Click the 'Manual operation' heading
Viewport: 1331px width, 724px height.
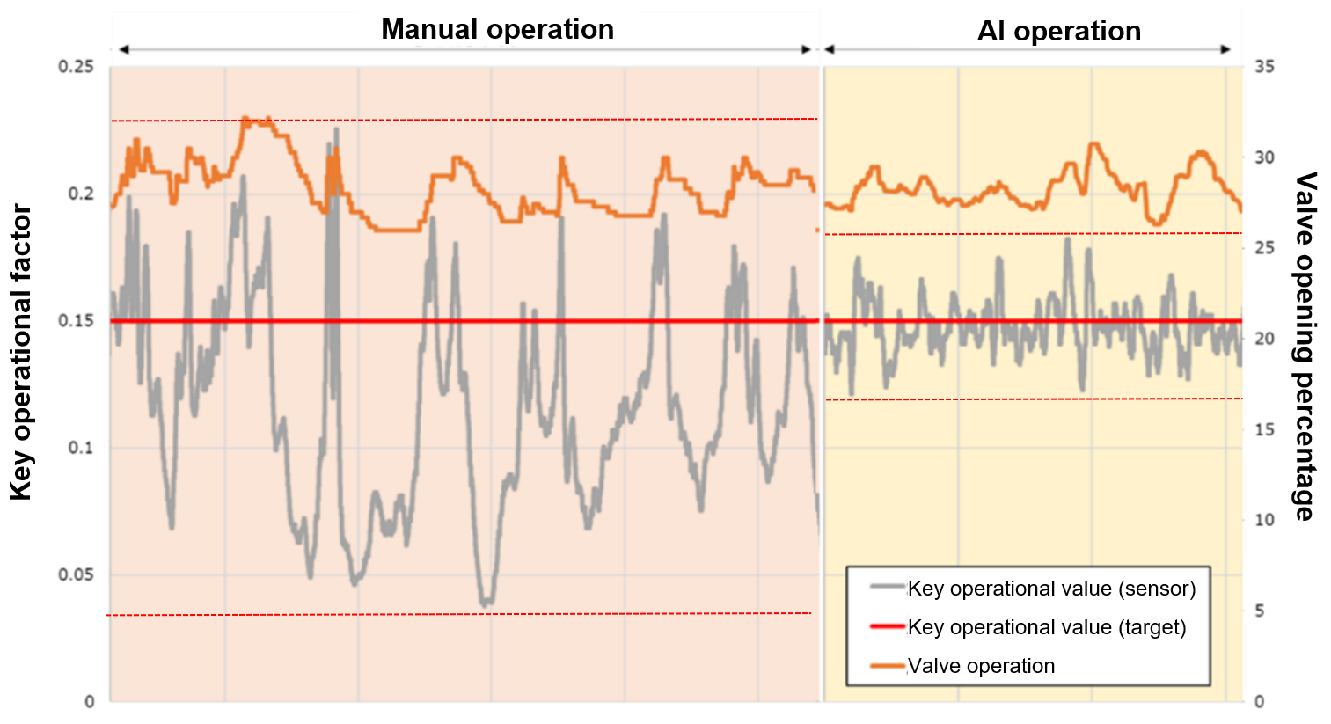[x=497, y=29]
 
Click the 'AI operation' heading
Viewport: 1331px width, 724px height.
[x=1058, y=32]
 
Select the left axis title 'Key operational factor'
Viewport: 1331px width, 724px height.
[x=20, y=352]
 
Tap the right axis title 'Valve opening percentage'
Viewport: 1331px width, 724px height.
[x=1305, y=346]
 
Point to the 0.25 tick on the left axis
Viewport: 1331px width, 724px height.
[x=76, y=67]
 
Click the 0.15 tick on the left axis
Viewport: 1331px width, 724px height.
[x=76, y=321]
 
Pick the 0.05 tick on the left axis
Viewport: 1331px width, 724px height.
[x=76, y=575]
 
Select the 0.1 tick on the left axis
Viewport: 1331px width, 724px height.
[x=81, y=448]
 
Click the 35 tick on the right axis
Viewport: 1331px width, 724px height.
[x=1264, y=67]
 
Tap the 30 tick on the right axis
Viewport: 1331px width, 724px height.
[x=1264, y=157]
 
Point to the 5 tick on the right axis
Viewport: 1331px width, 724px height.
[x=1260, y=611]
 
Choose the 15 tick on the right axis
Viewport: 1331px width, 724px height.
[x=1264, y=429]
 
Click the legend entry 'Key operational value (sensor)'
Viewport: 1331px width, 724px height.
[x=1051, y=589]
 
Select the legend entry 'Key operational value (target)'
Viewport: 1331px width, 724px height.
[x=1047, y=627]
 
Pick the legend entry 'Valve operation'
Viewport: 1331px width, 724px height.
[x=981, y=666]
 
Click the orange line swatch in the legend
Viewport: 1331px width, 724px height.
[x=888, y=666]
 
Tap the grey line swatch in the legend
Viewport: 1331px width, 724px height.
[x=888, y=588]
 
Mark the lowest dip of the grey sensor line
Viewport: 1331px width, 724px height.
[x=485, y=603]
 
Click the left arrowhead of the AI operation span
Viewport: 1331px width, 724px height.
[x=829, y=49]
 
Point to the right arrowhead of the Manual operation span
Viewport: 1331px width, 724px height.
[x=807, y=49]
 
